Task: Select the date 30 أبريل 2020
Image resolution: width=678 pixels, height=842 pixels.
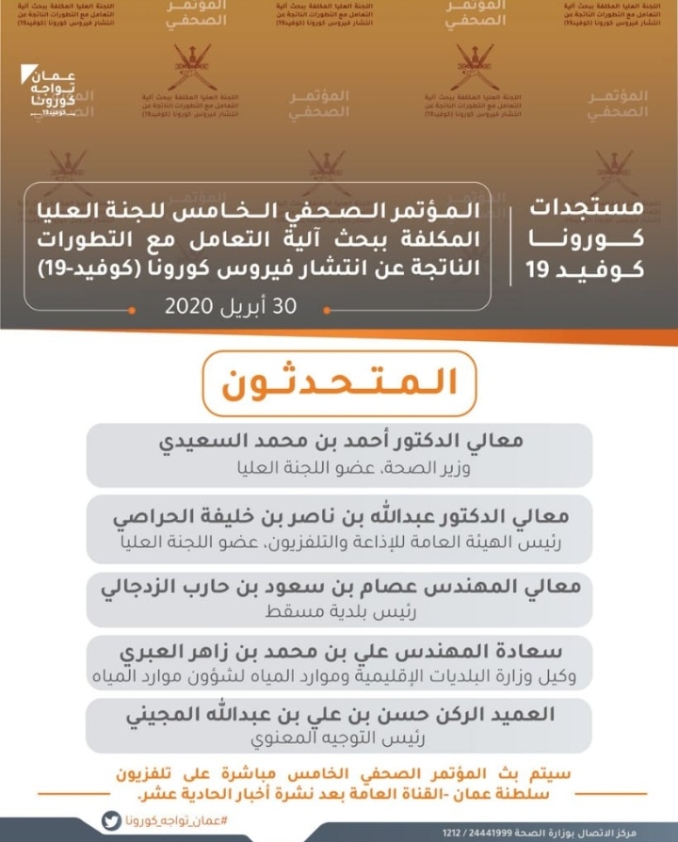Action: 231,306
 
